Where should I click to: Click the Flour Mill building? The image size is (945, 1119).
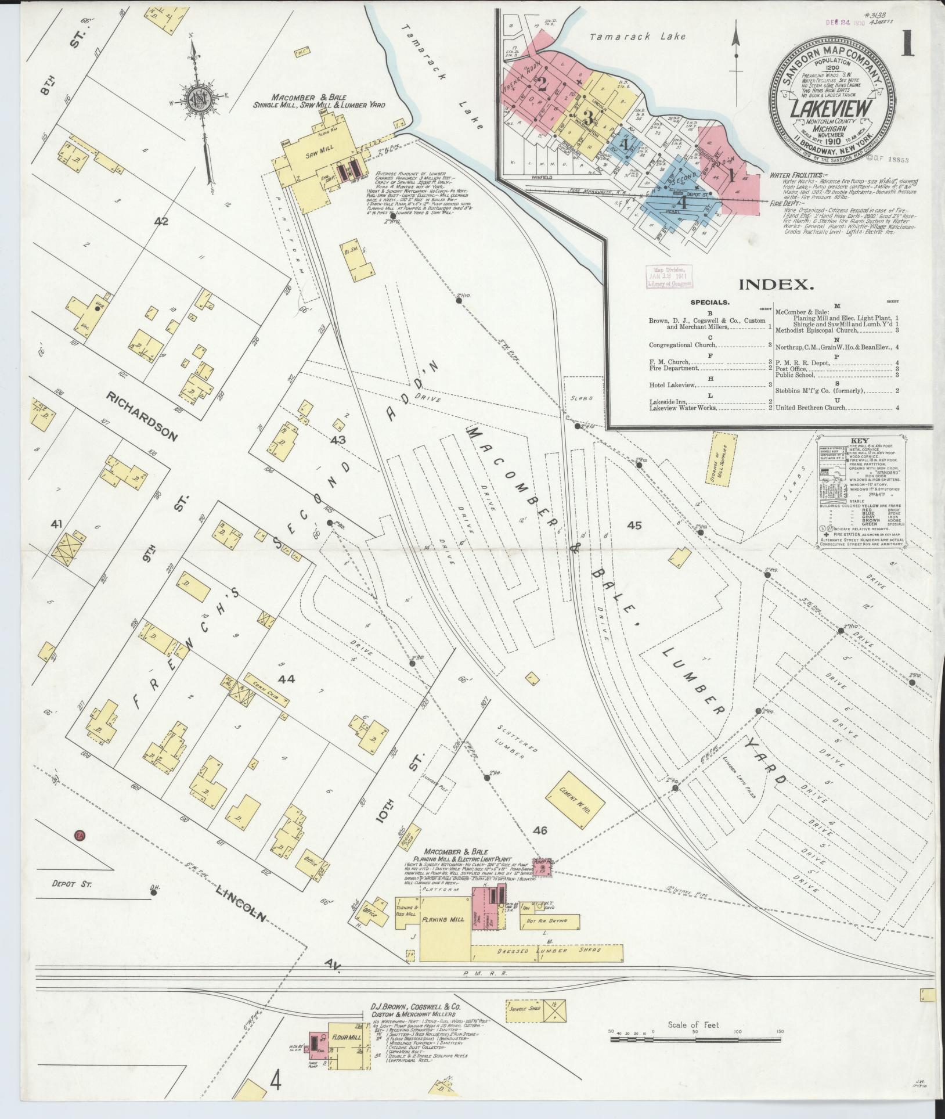coord(347,1037)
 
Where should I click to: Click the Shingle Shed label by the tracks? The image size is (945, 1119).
coord(525,1008)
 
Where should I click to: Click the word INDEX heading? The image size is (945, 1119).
coord(776,285)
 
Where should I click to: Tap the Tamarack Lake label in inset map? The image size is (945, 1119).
coord(637,37)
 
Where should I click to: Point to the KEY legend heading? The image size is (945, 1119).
coord(859,440)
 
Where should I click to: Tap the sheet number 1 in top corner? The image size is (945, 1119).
coord(907,46)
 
